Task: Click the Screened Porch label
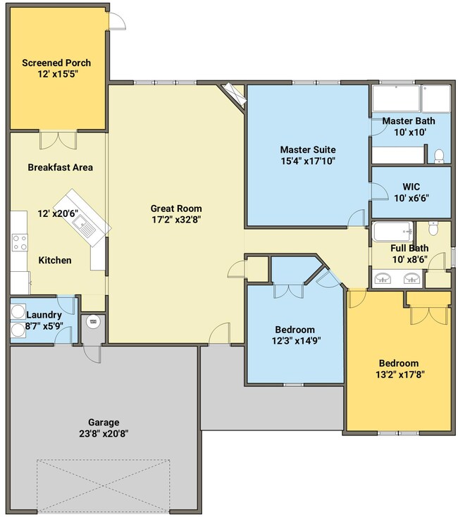click(x=56, y=63)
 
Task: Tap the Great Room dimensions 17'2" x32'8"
click(x=176, y=220)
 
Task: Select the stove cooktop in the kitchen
click(x=20, y=242)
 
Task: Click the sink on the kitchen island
click(x=84, y=225)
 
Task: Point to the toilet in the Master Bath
click(x=439, y=156)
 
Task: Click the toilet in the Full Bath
click(x=433, y=228)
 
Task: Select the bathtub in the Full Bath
click(x=392, y=232)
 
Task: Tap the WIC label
click(x=411, y=187)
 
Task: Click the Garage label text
click(x=104, y=423)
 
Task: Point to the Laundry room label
click(x=44, y=315)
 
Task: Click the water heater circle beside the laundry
click(x=93, y=321)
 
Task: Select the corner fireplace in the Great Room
click(x=233, y=95)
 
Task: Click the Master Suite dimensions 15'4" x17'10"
click(x=308, y=161)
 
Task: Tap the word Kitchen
click(x=55, y=261)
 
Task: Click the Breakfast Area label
click(x=61, y=168)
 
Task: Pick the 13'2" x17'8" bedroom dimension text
click(x=400, y=375)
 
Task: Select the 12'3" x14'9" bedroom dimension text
click(x=296, y=341)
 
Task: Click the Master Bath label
click(x=409, y=121)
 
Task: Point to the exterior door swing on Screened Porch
click(x=118, y=21)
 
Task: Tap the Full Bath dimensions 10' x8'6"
click(x=410, y=259)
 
